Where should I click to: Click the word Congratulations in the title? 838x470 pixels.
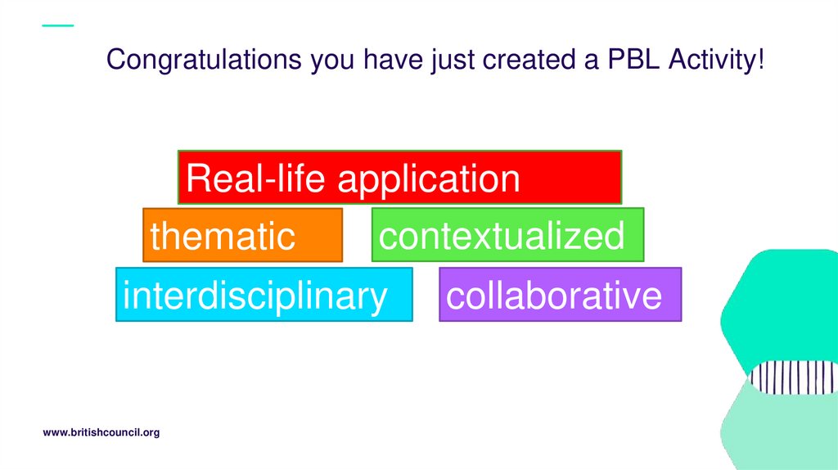click(x=205, y=60)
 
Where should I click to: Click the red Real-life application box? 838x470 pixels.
click(x=399, y=177)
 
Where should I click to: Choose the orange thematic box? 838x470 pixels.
click(x=242, y=235)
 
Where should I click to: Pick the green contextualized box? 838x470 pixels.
click(x=507, y=235)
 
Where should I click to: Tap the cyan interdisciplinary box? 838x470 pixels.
click(x=264, y=294)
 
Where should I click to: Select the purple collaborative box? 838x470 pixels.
click(x=560, y=294)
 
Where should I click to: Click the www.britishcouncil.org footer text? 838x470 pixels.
click(x=101, y=432)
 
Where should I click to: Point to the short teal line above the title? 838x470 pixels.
click(x=57, y=25)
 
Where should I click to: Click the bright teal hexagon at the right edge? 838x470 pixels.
click(x=786, y=303)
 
